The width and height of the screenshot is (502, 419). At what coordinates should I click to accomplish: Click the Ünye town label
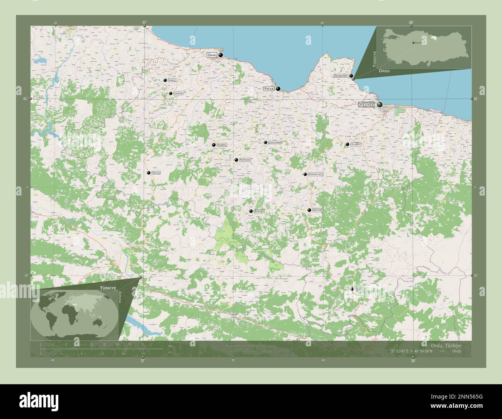tap(212, 55)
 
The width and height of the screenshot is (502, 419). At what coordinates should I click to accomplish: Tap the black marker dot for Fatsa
tap(278, 89)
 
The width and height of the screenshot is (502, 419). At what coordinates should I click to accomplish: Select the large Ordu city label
tap(366, 104)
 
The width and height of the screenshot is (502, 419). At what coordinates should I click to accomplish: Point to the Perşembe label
tap(341, 76)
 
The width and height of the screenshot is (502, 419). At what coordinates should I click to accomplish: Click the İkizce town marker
tap(165, 80)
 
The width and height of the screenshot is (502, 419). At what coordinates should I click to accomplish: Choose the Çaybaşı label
tap(178, 93)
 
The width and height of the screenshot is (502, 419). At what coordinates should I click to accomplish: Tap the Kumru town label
tap(222, 145)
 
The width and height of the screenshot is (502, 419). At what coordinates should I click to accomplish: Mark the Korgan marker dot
tap(236, 160)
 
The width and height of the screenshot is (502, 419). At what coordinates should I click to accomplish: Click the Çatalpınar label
tap(275, 143)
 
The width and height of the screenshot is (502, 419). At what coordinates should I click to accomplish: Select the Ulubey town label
tap(356, 144)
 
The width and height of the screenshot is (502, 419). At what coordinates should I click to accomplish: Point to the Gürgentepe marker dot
tap(305, 175)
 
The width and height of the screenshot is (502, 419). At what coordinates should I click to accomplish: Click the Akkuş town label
tap(156, 173)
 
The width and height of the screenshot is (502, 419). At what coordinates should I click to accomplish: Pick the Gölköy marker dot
tap(309, 210)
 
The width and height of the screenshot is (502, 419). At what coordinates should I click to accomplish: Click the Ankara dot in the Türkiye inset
tap(413, 42)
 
